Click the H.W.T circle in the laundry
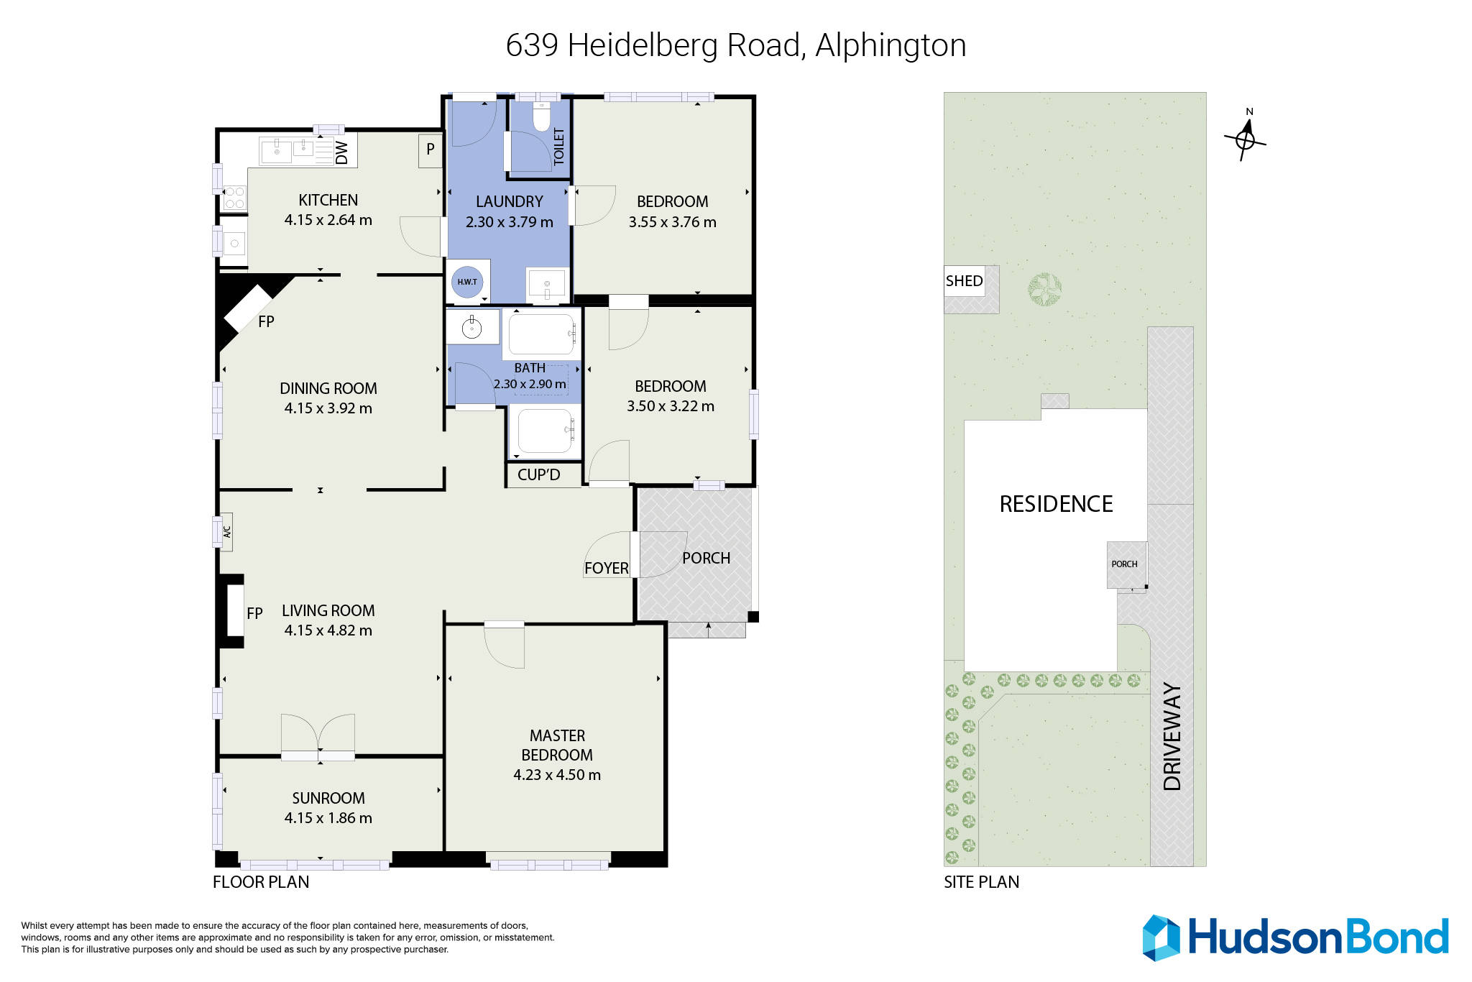pyautogui.click(x=467, y=282)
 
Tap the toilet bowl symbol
pyautogui.click(x=541, y=118)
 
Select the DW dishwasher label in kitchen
pyautogui.click(x=342, y=152)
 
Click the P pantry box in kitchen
pyautogui.click(x=430, y=150)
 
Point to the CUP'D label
pyautogui.click(x=538, y=474)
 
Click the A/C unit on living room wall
pyautogui.click(x=226, y=532)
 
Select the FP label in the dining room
pyautogui.click(x=266, y=322)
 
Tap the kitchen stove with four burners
pyautogui.click(x=234, y=198)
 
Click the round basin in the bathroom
pyautogui.click(x=471, y=329)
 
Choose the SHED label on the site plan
pyautogui.click(x=964, y=281)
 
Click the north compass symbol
pyautogui.click(x=1245, y=139)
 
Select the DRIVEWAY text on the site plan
pyautogui.click(x=1172, y=737)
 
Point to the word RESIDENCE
pyautogui.click(x=1056, y=504)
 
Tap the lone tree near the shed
pyautogui.click(x=1044, y=290)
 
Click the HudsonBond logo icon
pyautogui.click(x=1161, y=937)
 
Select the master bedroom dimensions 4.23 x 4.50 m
pyautogui.click(x=557, y=775)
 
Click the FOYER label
pyautogui.click(x=606, y=569)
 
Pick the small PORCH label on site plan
pyautogui.click(x=1124, y=564)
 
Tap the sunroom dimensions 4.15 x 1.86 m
pyautogui.click(x=328, y=818)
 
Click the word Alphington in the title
pyautogui.click(x=891, y=45)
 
